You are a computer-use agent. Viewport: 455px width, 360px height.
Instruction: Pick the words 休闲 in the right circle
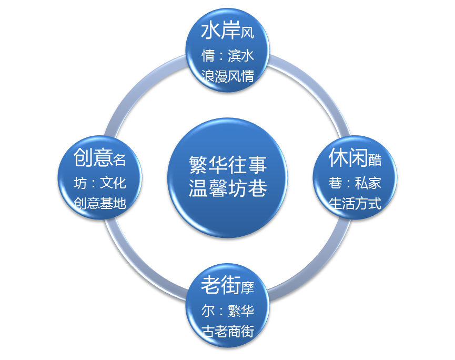348,157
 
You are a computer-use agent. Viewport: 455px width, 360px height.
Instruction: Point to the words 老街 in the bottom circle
220,286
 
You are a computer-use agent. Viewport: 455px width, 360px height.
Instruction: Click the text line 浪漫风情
228,76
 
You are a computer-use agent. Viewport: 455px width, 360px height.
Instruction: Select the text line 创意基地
100,203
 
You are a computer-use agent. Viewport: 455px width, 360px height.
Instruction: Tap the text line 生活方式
355,203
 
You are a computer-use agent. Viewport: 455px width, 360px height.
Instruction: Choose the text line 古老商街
228,332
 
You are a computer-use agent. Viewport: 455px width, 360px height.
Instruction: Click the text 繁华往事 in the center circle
228,165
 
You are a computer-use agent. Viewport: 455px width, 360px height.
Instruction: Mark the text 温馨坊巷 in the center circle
228,188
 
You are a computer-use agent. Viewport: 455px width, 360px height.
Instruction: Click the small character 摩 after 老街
247,288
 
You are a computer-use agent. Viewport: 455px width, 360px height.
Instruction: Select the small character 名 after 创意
119,159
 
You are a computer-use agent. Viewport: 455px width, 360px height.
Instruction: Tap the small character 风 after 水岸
247,34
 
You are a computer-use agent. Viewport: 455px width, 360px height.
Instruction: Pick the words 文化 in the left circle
113,183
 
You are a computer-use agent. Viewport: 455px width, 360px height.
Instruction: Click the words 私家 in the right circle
368,183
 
